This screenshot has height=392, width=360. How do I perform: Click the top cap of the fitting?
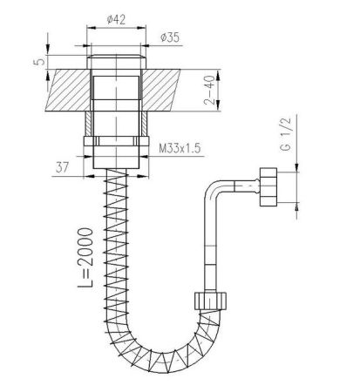(116, 64)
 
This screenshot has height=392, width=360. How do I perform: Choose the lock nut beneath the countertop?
(116, 146)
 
